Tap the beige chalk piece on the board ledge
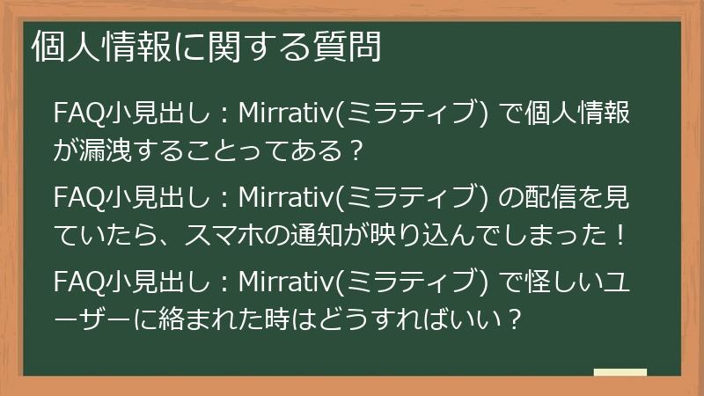[x=620, y=371]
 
